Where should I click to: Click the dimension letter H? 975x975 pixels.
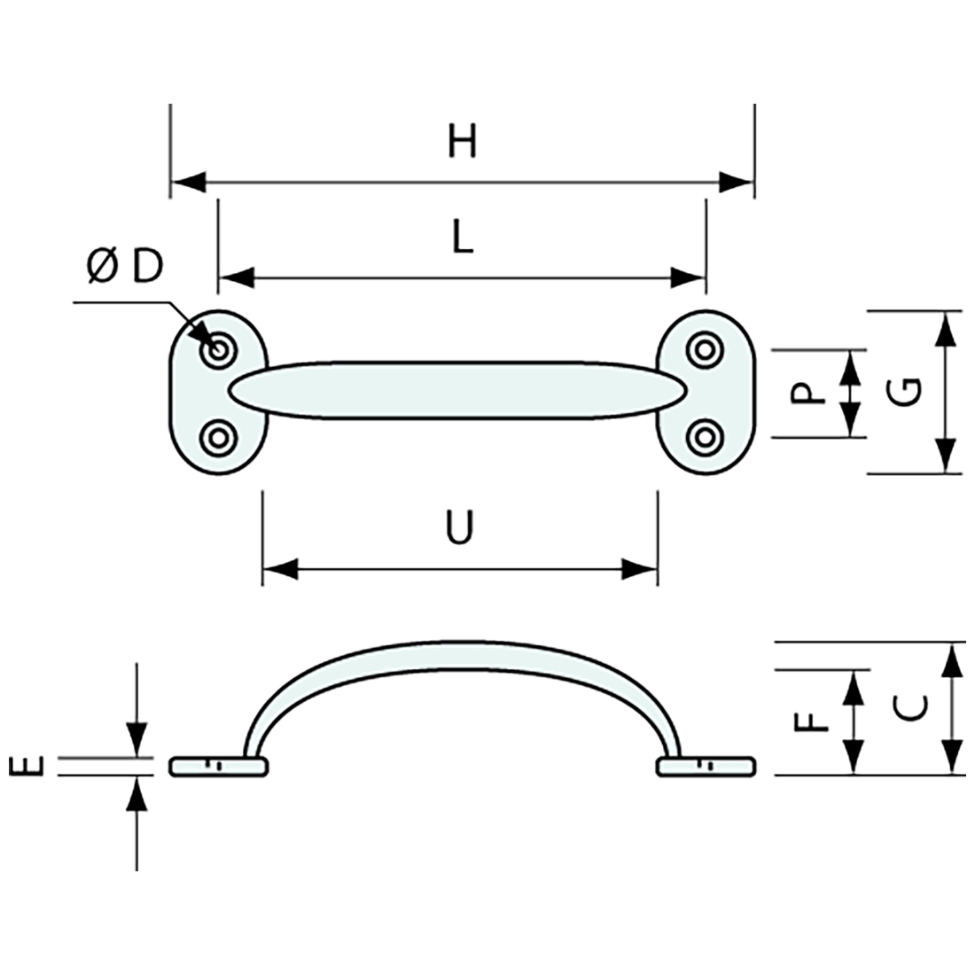[x=462, y=142]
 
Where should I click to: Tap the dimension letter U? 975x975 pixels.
[x=459, y=528]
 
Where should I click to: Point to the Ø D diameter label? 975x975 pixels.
[x=126, y=267]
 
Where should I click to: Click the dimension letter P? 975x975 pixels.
[x=807, y=392]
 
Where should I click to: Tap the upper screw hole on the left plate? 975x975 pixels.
[x=217, y=350]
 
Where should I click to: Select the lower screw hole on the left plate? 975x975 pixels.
[x=217, y=436]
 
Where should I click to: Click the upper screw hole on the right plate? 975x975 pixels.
[x=706, y=348]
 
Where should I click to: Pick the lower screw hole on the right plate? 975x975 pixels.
[x=706, y=435]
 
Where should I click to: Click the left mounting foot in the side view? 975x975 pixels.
[x=217, y=766]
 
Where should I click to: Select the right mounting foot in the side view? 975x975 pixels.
[x=706, y=766]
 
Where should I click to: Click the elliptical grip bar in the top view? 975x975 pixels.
[x=456, y=389]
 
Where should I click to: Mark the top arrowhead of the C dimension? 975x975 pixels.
[x=951, y=659]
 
